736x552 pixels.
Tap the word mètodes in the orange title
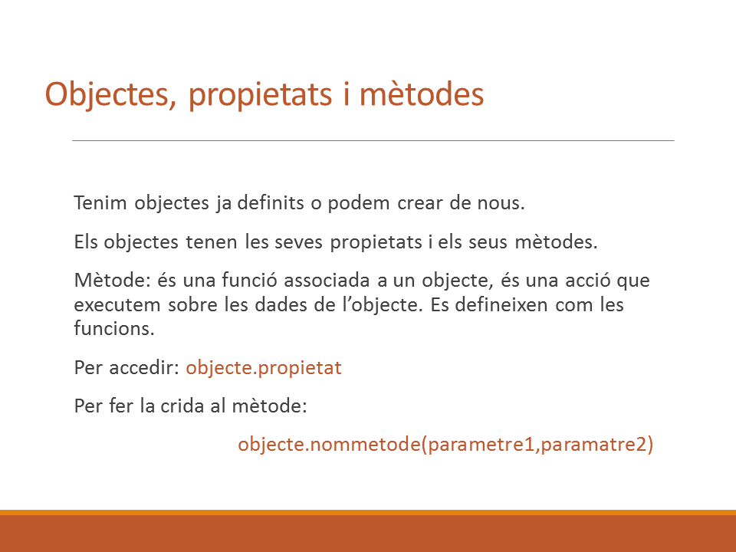[x=422, y=94]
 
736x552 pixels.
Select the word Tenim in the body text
[x=100, y=202]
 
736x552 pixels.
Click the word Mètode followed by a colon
[x=112, y=281]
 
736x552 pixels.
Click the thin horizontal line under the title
[x=373, y=140]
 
